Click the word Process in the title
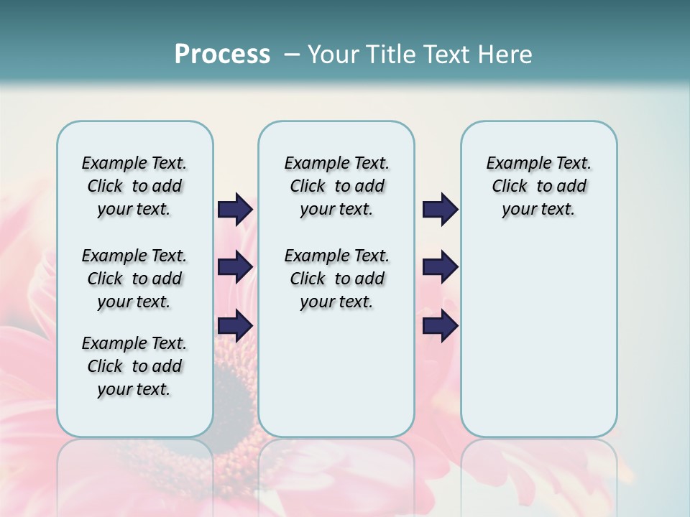222,55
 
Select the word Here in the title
503,55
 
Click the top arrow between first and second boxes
235,210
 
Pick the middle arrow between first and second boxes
235,268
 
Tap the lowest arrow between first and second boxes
235,326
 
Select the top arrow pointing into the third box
440,210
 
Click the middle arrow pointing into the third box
440,268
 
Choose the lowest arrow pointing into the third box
440,326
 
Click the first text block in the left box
134,186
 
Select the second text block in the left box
134,279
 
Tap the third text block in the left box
134,366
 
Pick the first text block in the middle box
336,186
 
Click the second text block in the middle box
336,279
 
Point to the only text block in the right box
538,186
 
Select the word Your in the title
333,55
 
